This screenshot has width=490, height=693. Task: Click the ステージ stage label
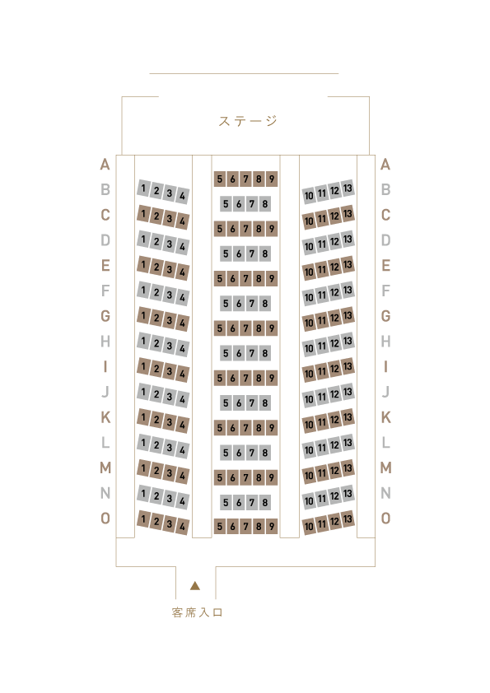tap(248, 121)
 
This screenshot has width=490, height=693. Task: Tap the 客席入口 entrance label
tap(197, 612)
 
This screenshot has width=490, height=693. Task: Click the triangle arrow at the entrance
tap(195, 586)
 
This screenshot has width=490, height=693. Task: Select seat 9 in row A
tap(272, 179)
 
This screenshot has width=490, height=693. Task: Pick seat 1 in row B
tap(142, 188)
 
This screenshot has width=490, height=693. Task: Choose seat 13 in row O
tap(348, 519)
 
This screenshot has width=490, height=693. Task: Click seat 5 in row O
tap(220, 527)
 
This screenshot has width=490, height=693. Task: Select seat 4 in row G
tap(182, 323)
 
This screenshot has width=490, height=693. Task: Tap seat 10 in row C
tap(309, 221)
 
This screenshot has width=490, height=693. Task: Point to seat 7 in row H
tap(252, 353)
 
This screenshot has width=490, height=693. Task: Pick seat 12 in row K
tap(335, 420)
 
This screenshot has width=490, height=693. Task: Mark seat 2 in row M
tap(156, 471)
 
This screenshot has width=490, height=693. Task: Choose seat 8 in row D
tap(264, 253)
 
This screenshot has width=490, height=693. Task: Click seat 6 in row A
tap(232, 179)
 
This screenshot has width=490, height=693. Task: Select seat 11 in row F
tap(322, 295)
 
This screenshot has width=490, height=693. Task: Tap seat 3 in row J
tap(170, 397)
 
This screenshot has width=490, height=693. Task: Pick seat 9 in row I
tap(272, 378)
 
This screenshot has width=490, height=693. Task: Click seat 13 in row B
tap(348, 188)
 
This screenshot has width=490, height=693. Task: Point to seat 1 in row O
tap(142, 519)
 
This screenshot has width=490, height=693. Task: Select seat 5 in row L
tap(226, 453)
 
